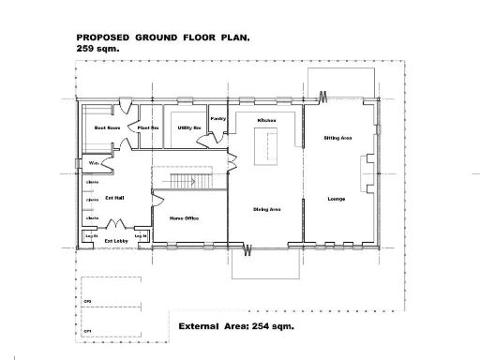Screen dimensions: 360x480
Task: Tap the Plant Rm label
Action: pos(148,127)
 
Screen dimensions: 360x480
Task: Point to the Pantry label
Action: pos(218,119)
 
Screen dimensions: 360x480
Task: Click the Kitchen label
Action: pos(266,120)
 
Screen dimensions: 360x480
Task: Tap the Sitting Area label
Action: pos(337,138)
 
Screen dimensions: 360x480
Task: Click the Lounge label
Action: pos(336,199)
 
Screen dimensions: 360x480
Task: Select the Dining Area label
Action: pos(267,209)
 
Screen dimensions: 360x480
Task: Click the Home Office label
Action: pos(183,218)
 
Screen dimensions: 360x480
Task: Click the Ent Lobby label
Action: pos(116,241)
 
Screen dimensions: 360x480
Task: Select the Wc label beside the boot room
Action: pos(94,163)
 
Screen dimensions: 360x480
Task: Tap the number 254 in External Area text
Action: pos(260,326)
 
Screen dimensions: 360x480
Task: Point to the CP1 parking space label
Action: pos(87,331)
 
